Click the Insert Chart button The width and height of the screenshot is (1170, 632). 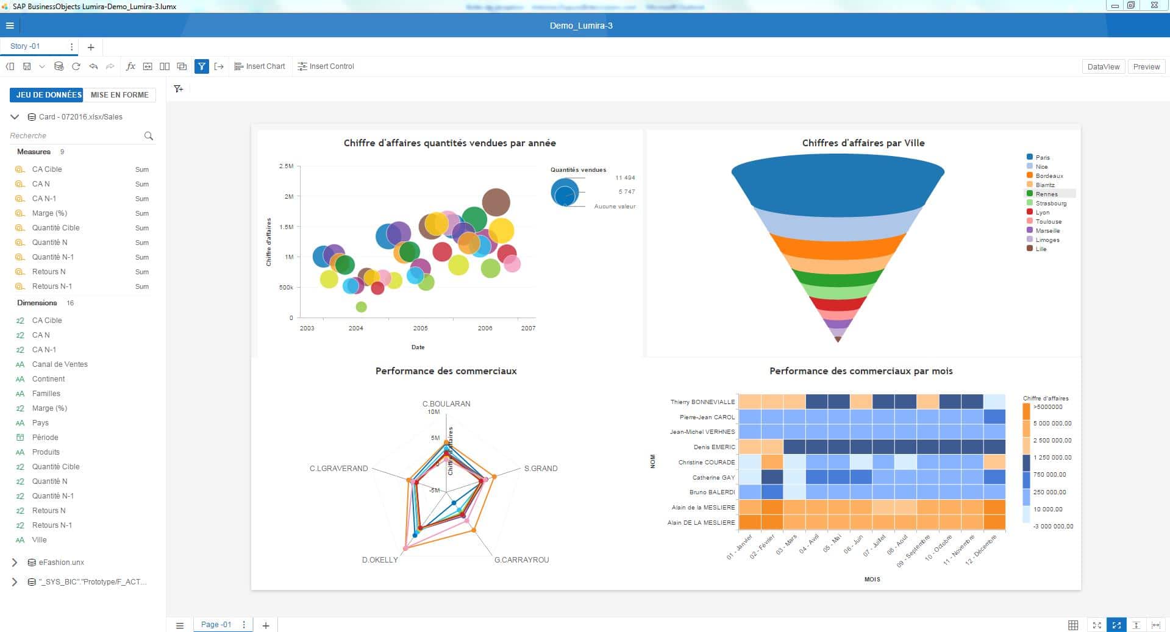[260, 66]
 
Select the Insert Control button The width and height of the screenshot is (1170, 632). [326, 66]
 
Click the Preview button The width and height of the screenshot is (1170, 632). [1146, 67]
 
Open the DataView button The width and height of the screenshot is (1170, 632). [1103, 67]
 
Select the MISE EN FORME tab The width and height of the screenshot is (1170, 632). [119, 95]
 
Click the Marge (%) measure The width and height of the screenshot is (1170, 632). [49, 213]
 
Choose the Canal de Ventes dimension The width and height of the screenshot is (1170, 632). [60, 364]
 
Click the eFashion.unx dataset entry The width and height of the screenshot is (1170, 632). [61, 563]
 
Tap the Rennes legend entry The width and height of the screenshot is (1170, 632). [1046, 194]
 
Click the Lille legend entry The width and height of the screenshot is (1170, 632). [1040, 249]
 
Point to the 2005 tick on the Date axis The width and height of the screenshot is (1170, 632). [420, 328]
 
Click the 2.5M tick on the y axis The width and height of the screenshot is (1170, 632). [286, 166]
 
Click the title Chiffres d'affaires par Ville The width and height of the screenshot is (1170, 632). [863, 143]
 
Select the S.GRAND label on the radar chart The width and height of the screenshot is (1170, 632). [541, 469]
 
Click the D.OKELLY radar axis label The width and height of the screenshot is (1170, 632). [380, 559]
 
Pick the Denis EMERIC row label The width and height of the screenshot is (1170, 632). [714, 447]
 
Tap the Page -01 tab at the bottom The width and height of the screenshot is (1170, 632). [216, 625]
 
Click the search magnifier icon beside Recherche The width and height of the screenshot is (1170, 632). [148, 136]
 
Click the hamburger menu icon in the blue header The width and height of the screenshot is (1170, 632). [10, 26]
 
